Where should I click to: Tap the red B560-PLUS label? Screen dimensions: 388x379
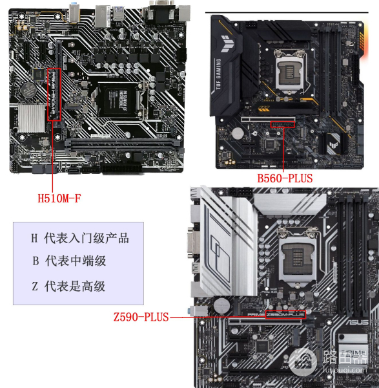pos(285,177)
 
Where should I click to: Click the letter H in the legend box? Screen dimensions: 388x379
pos(34,238)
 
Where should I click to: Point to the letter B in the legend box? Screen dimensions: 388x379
pos(35,261)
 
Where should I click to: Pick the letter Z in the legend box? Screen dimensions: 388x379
pos(35,286)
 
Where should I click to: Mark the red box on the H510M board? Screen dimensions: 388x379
pos(54,95)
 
